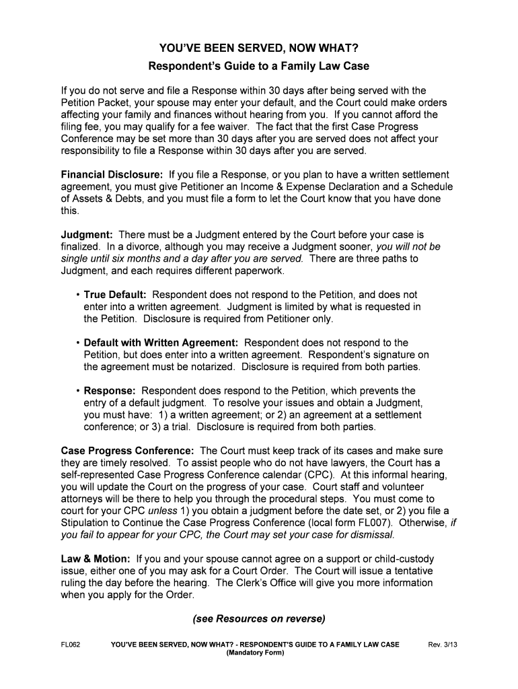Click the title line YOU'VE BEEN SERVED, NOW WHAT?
click(258, 48)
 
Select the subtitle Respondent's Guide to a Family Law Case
click(258, 67)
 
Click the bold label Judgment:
click(87, 235)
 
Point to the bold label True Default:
click(115, 295)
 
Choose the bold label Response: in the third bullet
click(110, 390)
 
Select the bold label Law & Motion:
click(96, 558)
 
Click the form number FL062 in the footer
click(71, 645)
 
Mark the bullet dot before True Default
click(78, 295)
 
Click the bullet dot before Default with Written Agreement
click(78, 342)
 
